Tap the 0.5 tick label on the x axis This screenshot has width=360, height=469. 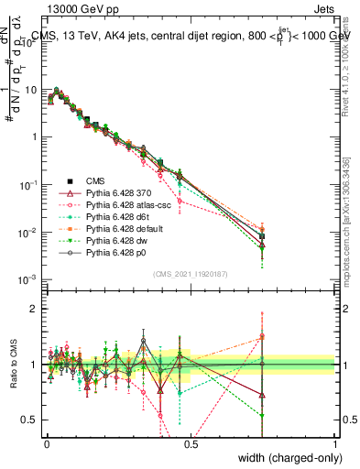click(x=191, y=442)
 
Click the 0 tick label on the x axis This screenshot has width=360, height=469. click(x=47, y=442)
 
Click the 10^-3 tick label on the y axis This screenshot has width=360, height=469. click(x=27, y=279)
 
